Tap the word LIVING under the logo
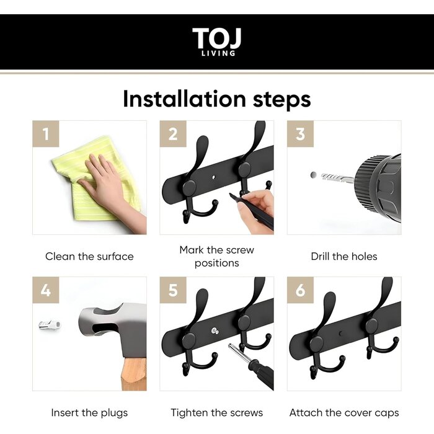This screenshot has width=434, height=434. [x=218, y=53]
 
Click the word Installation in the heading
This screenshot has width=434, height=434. [x=184, y=99]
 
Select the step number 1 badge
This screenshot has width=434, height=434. [x=46, y=134]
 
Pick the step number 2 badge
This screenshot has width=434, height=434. [x=173, y=134]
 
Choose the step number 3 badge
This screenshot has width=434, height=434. [x=300, y=134]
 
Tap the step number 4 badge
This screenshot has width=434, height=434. [x=46, y=290]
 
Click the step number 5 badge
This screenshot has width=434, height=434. [x=173, y=290]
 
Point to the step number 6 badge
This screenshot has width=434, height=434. [x=300, y=290]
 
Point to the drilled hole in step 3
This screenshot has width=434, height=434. [x=314, y=175]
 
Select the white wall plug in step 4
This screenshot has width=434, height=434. [x=50, y=324]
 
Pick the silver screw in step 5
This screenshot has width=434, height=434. [x=215, y=330]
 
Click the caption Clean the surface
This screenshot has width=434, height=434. [x=89, y=257]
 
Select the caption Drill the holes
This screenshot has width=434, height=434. [x=344, y=257]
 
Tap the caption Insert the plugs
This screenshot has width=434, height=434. [x=89, y=413]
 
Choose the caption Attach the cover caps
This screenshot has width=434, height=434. [x=344, y=413]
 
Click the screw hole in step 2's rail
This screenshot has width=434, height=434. [x=213, y=177]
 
